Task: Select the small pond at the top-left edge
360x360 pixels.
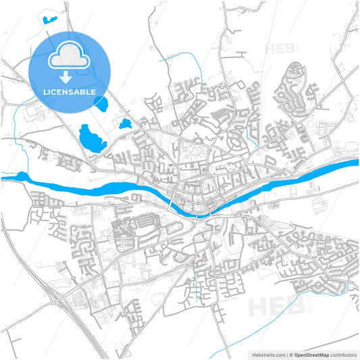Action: click(49, 19)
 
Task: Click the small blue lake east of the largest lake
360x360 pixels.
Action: click(125, 124)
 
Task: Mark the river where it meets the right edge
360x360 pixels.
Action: click(353, 163)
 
